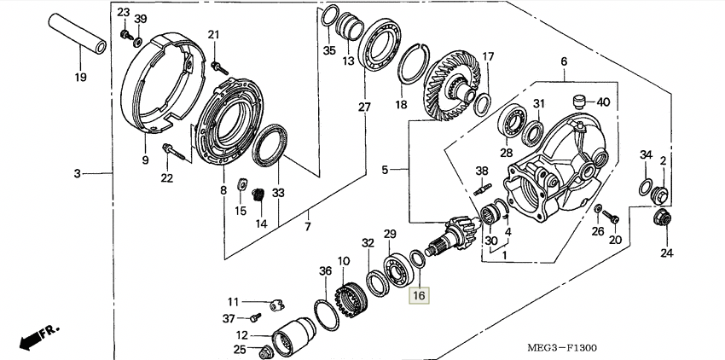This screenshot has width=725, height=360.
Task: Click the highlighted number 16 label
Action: pyautogui.click(x=419, y=295)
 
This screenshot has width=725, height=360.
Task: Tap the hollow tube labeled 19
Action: pyautogui.click(x=78, y=33)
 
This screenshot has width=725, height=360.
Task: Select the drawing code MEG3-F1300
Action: pyautogui.click(x=562, y=347)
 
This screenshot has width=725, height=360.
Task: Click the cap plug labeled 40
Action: pyautogui.click(x=579, y=102)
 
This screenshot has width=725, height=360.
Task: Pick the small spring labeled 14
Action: pyautogui.click(x=259, y=195)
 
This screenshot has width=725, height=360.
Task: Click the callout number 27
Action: pyautogui.click(x=364, y=107)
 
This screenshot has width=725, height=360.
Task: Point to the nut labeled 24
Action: pyautogui.click(x=663, y=218)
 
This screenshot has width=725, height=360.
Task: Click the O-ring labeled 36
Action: pyautogui.click(x=326, y=315)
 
